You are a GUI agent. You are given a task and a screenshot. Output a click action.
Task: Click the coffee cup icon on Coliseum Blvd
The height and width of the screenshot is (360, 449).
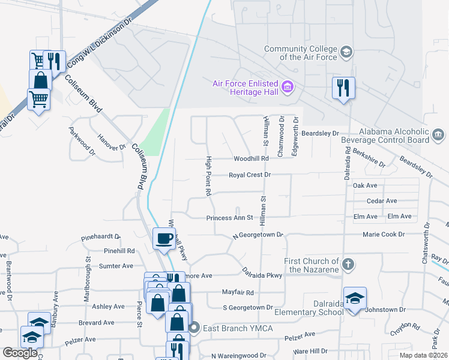pyautogui.click(x=164, y=239)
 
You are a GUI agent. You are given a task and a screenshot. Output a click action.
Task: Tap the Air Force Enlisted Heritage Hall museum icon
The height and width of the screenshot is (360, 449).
pyautogui.click(x=287, y=88)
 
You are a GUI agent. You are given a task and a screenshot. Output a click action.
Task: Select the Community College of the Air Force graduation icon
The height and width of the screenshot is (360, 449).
pyautogui.click(x=346, y=52)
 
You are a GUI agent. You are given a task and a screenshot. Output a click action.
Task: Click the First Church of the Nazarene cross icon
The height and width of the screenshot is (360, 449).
pyautogui.click(x=347, y=264)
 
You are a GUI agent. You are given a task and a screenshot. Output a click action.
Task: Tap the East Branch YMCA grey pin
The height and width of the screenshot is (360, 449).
pyautogui.click(x=193, y=328)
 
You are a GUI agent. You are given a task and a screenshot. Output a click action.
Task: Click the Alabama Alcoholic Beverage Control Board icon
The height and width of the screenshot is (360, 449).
pyautogui.click(x=438, y=134)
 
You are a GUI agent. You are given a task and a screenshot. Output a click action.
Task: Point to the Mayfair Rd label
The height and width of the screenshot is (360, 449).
pyautogui.click(x=238, y=293)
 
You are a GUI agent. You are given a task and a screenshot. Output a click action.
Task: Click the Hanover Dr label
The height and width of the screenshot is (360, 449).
pyautogui.click(x=112, y=142)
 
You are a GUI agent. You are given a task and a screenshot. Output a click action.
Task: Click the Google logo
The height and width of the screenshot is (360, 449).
pyautogui.click(x=20, y=353)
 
